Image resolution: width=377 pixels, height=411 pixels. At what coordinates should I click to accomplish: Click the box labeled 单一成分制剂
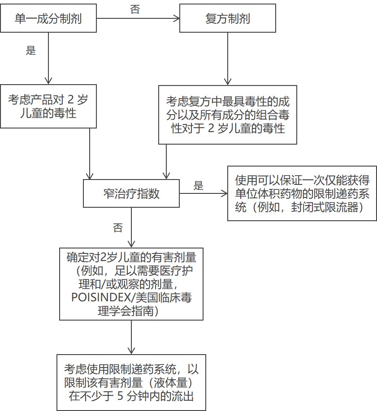point(48,18)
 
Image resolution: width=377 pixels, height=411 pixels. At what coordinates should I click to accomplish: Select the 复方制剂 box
point(228,18)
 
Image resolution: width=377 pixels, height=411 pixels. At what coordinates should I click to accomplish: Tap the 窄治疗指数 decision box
point(131,193)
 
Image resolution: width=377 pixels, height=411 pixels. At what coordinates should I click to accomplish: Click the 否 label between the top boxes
point(135,9)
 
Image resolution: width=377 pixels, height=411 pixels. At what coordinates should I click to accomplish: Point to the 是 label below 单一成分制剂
point(31,50)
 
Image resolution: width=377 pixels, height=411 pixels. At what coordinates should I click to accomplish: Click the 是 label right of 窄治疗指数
point(199,186)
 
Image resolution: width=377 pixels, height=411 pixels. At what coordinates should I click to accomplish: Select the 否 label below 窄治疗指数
point(118,228)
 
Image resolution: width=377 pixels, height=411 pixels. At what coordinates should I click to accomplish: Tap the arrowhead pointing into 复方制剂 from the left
point(177,18)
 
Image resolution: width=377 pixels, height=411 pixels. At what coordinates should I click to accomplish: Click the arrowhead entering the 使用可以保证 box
point(225,194)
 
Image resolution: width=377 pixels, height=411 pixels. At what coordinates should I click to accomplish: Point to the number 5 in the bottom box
point(120,396)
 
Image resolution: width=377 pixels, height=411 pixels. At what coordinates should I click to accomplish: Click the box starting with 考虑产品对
point(48,106)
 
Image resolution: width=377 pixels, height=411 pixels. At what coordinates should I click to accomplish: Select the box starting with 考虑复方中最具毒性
point(228,115)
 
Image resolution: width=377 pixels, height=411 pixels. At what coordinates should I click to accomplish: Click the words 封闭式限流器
point(325,207)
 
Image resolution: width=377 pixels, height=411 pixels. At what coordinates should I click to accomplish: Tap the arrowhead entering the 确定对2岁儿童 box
point(131,244)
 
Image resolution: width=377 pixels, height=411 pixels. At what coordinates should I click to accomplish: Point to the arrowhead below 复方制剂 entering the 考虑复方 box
point(228,82)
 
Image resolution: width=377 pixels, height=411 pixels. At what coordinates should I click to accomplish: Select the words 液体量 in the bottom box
point(171,382)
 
